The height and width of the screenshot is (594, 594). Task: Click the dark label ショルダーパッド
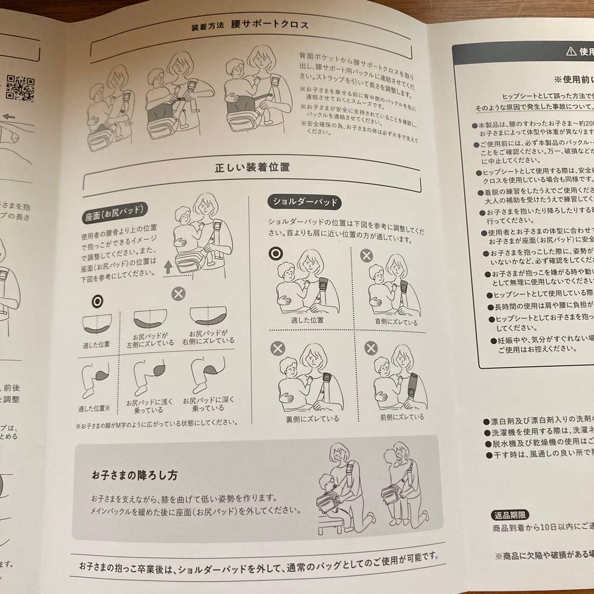(x=304, y=202)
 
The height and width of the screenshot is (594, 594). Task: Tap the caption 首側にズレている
(x=396, y=323)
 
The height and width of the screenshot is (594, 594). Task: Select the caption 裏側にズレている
(x=304, y=419)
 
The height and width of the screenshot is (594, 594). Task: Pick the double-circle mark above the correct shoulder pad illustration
(x=276, y=254)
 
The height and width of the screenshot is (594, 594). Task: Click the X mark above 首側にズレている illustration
(x=366, y=255)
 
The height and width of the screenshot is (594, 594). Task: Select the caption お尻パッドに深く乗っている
(x=207, y=405)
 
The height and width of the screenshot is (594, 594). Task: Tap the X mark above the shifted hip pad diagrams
(x=178, y=293)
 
